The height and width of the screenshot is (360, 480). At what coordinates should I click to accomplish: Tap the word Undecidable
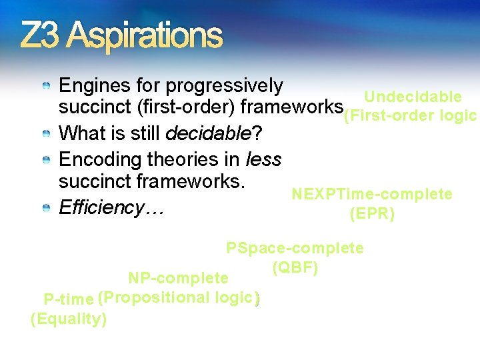pyautogui.click(x=413, y=97)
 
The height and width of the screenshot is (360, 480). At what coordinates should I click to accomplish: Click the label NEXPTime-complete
pyautogui.click(x=372, y=194)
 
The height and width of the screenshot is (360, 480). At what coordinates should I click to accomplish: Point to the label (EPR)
pyautogui.click(x=372, y=214)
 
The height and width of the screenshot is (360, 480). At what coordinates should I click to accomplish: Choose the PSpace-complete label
pyautogui.click(x=295, y=249)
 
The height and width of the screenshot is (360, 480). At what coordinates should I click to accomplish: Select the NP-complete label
pyautogui.click(x=178, y=277)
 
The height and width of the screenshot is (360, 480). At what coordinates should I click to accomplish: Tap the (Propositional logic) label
pyautogui.click(x=179, y=297)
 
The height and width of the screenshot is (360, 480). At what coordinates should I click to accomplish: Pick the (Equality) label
pyautogui.click(x=69, y=319)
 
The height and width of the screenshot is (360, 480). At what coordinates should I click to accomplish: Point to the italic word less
pyautogui.click(x=263, y=160)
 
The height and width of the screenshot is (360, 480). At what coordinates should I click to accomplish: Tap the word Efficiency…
pyautogui.click(x=111, y=207)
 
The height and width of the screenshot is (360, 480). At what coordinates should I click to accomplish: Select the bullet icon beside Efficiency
pyautogui.click(x=45, y=209)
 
